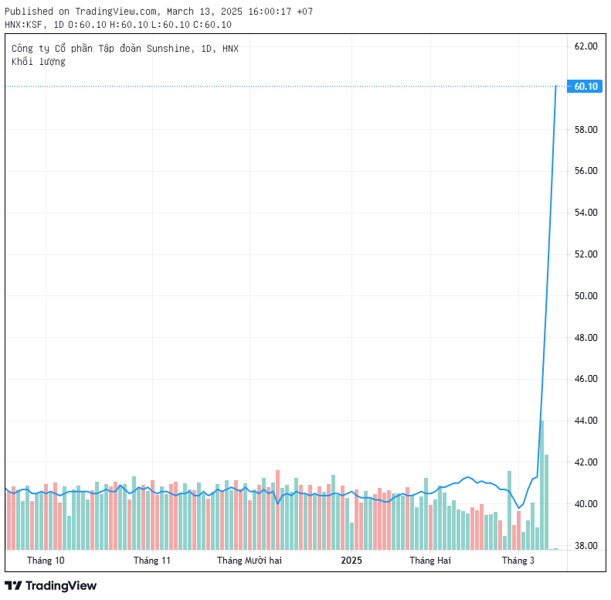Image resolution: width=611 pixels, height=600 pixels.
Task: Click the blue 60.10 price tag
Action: tap(585, 87)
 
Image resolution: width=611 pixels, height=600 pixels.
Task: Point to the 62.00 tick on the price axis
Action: tap(586, 46)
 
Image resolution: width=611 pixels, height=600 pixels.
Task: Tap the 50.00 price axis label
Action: tap(586, 295)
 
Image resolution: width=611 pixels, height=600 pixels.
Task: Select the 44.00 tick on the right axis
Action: tap(586, 421)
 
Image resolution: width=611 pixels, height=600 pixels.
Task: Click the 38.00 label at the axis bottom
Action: tap(586, 545)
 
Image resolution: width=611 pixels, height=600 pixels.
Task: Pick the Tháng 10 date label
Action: tap(46, 561)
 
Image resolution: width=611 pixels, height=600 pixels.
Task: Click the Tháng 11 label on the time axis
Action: tap(152, 561)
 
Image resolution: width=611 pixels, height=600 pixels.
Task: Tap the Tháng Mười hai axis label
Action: tap(249, 561)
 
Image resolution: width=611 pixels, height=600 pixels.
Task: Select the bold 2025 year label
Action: tap(351, 561)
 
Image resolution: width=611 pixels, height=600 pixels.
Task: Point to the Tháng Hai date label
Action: tap(430, 561)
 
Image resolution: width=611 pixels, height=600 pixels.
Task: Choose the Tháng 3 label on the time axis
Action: tap(518, 561)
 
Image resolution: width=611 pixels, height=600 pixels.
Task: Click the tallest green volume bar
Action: tap(541, 486)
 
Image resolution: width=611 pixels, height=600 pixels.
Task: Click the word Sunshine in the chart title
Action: tap(168, 49)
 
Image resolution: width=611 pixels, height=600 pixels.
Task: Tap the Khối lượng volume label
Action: tap(39, 62)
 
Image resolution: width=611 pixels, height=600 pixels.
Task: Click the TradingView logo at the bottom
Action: tap(51, 585)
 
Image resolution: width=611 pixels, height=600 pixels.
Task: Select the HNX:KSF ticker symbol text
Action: tap(23, 25)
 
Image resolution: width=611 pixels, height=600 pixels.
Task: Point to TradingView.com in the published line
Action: tap(116, 12)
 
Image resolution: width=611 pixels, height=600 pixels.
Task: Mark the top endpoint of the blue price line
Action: tap(555, 87)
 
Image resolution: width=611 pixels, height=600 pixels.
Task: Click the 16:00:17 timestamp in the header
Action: tap(270, 12)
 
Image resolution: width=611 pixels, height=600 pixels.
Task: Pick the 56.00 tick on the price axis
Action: tap(586, 171)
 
